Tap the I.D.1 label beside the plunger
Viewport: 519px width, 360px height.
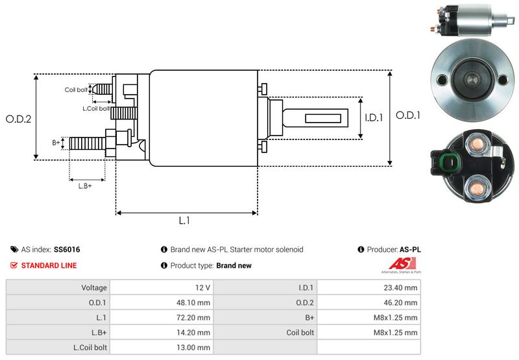pos(375,117)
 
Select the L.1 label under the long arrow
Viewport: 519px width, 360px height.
pos(185,221)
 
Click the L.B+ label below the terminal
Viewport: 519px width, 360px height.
pos(85,186)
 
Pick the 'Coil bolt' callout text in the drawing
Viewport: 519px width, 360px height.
pos(76,90)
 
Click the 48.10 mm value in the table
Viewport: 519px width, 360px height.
pos(195,302)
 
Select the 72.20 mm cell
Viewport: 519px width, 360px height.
pos(195,317)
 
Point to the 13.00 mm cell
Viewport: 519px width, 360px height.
pos(195,347)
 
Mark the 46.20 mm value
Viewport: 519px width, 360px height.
pos(403,302)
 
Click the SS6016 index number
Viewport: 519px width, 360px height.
pos(67,249)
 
